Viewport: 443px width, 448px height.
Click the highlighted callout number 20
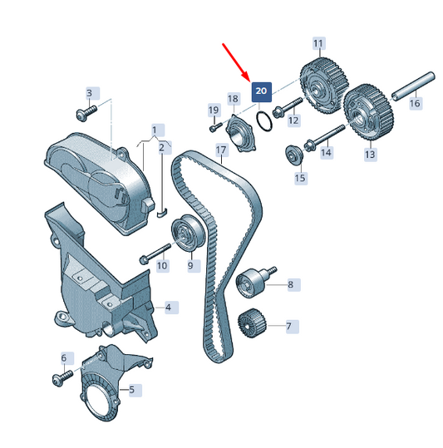[x=261, y=91]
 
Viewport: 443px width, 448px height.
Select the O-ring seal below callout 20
[x=264, y=121]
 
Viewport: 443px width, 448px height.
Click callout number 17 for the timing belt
[x=221, y=150]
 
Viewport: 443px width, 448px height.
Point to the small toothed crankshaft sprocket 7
[x=252, y=322]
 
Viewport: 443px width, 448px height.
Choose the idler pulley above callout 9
[x=188, y=234]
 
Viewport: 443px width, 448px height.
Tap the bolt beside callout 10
[x=155, y=254]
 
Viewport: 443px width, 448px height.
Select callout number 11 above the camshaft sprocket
[x=318, y=43]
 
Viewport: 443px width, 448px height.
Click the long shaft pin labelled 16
[x=413, y=86]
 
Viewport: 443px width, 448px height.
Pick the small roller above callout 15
[x=293, y=155]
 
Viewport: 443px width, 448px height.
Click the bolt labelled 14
[x=324, y=138]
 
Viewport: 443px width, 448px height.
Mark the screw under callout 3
[x=86, y=112]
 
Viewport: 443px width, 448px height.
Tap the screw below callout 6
[x=62, y=377]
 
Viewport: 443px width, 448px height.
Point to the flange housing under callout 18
[x=240, y=134]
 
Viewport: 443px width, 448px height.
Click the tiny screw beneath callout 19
[x=215, y=127]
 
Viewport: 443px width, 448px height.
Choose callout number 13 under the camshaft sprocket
[x=370, y=155]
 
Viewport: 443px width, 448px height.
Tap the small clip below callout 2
[x=163, y=213]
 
